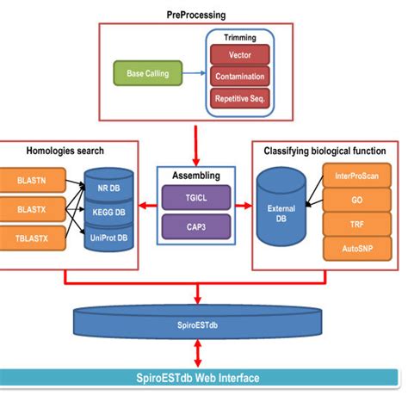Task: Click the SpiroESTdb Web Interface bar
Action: [x=204, y=378]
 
